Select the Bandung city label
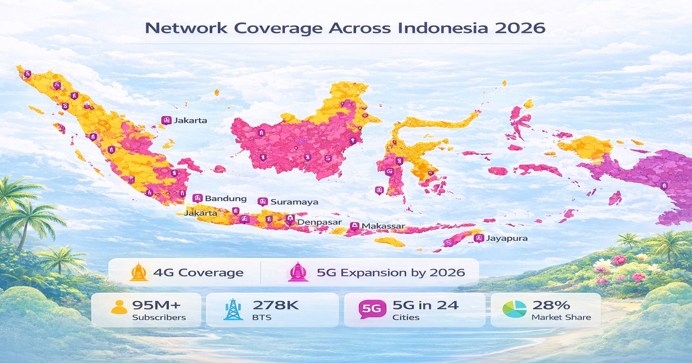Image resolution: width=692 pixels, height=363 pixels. click(225, 198)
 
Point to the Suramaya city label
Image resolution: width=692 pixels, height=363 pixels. click(294, 202)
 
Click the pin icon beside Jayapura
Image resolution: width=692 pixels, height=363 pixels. click(477, 237)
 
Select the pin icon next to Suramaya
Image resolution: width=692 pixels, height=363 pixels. click(262, 202)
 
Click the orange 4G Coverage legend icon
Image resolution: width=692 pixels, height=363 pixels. click(139, 272)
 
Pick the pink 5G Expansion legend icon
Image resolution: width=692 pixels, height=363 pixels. click(298, 272)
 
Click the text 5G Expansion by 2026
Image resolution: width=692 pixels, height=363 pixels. click(390, 273)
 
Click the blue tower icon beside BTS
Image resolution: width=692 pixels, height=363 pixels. click(232, 310)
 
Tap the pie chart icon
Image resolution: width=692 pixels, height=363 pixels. click(514, 309)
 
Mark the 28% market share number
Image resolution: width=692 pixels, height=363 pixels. click(552, 305)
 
